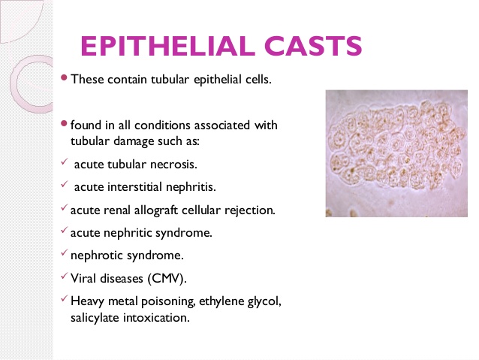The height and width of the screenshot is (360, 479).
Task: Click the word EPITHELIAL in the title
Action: [x=167, y=46]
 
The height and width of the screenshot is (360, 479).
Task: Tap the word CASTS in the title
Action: [x=313, y=46]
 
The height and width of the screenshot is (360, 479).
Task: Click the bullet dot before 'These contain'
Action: [x=64, y=77]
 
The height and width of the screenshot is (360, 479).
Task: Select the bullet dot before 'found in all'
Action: [x=64, y=123]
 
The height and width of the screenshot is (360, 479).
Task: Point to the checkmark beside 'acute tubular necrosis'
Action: [x=64, y=161]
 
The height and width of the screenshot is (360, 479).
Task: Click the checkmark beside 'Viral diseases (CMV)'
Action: [x=64, y=276]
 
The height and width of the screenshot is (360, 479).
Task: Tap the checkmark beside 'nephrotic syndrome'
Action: [x=64, y=253]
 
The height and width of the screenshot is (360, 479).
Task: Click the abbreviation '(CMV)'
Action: [x=167, y=279]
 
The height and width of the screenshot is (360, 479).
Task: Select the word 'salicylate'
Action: [x=95, y=317]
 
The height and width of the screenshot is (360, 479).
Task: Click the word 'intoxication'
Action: [x=156, y=317]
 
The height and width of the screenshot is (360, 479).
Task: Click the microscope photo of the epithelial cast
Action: [x=396, y=153]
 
